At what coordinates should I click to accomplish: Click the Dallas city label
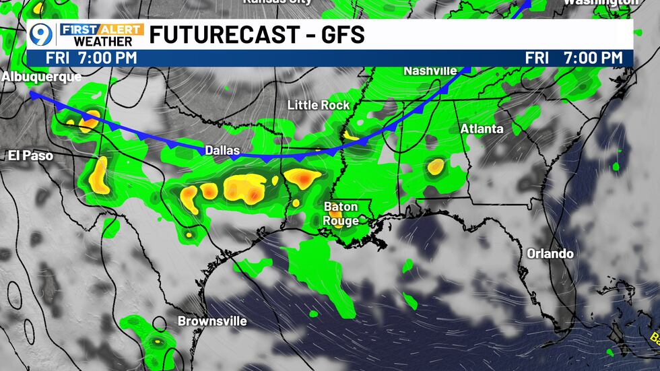click(x=223, y=150)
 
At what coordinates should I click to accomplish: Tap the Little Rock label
click(x=319, y=105)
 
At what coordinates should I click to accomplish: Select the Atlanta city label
click(x=482, y=129)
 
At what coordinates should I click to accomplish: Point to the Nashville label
click(x=430, y=71)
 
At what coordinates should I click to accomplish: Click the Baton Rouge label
click(x=341, y=213)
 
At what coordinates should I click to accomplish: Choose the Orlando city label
click(x=551, y=254)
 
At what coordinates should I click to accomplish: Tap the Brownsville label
click(x=212, y=321)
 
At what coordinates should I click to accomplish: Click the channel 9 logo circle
click(x=42, y=35)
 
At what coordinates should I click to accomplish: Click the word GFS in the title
click(x=341, y=34)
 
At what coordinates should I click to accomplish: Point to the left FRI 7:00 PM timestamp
click(x=91, y=58)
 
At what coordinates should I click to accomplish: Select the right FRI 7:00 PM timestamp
click(x=574, y=58)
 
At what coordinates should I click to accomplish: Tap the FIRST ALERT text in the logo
click(x=102, y=29)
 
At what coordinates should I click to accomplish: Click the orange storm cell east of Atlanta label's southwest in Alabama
click(x=436, y=166)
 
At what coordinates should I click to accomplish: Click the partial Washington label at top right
click(x=600, y=3)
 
